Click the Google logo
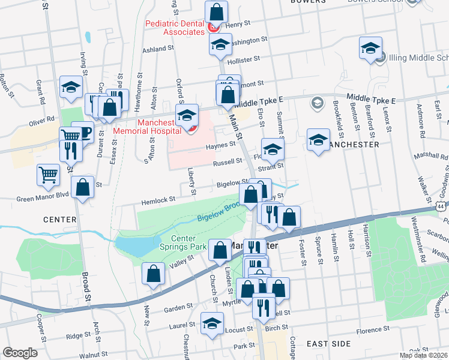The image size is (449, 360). pos(20,353)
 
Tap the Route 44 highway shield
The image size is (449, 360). pos(442,206)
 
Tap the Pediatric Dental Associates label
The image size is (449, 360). pos(175,28)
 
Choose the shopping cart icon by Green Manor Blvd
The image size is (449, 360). pos(49,175)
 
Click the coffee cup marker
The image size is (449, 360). pos(83,132)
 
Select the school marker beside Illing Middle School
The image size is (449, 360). pos(370,47)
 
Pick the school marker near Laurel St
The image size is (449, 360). pos(211,323)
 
